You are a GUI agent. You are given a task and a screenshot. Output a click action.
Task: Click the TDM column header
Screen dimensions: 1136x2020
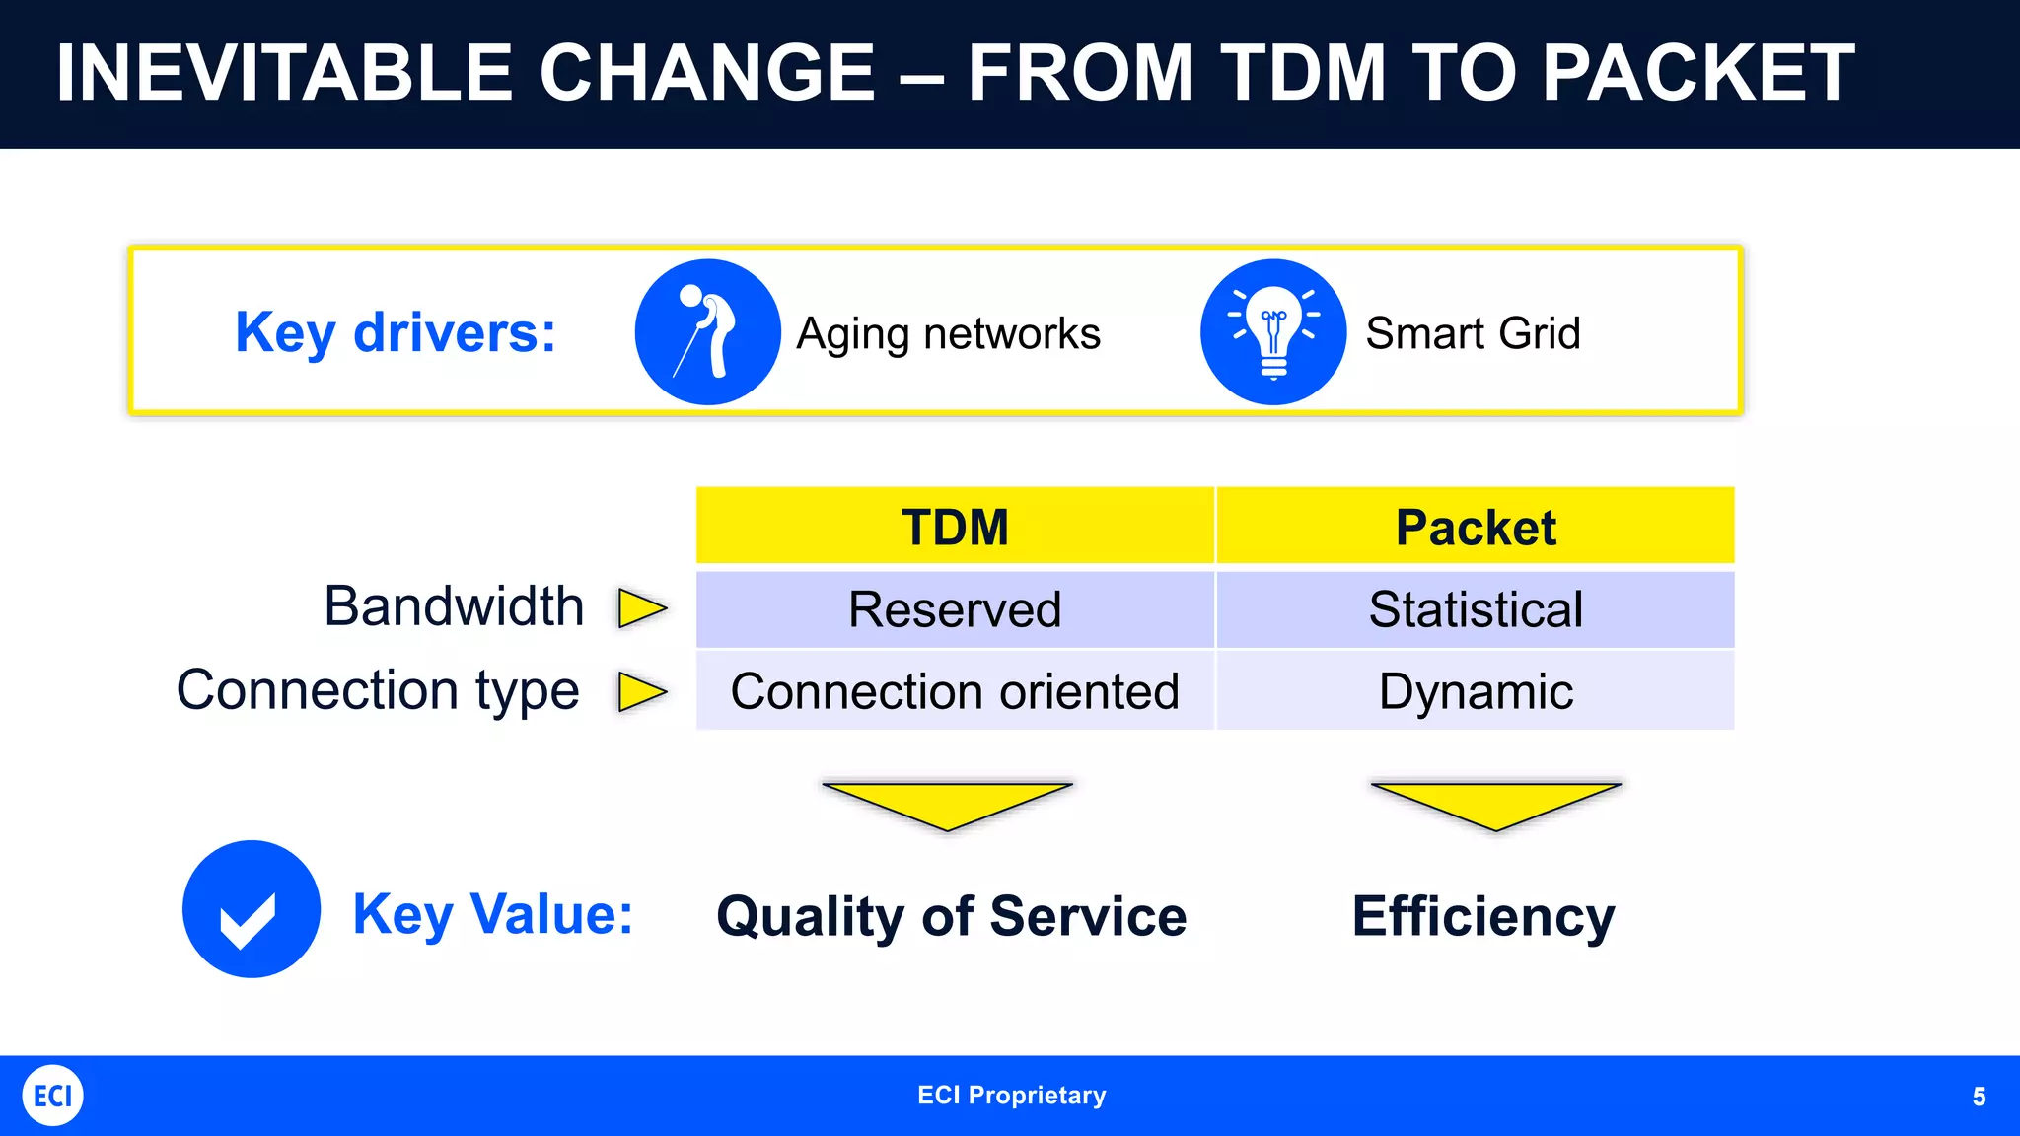coord(955,527)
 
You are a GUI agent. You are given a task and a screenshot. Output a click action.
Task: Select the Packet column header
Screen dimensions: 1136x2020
coord(1476,527)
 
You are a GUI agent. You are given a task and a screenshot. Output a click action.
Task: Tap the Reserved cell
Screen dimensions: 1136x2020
coord(955,609)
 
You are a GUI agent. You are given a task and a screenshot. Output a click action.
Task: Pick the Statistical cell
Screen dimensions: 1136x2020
coord(1476,609)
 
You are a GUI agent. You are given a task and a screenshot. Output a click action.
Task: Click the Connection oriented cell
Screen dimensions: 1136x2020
coord(955,691)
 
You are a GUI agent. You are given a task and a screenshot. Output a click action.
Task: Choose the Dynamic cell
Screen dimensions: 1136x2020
coord(1476,691)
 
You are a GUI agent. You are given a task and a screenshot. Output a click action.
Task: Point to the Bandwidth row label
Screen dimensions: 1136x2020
coord(454,606)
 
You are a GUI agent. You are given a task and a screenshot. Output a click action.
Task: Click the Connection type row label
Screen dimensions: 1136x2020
coord(378,690)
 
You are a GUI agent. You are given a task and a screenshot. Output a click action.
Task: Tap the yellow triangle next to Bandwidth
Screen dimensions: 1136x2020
coord(640,608)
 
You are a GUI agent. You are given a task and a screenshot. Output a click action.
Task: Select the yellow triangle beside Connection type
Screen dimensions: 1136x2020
coord(640,691)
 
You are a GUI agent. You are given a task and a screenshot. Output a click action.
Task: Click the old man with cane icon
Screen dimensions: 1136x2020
coord(707,332)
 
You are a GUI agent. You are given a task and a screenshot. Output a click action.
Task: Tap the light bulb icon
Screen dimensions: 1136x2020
coord(1273,332)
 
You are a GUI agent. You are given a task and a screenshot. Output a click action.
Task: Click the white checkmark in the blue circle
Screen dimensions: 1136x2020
coord(249,918)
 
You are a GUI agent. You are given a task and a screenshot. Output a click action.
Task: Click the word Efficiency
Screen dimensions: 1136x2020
coord(1483,917)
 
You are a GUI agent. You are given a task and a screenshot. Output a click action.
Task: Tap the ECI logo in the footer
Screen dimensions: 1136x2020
coord(53,1096)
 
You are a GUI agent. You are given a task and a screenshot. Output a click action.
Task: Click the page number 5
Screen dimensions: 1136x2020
coord(1979,1097)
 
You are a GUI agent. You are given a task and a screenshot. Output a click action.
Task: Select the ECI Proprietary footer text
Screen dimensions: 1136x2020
coord(1011,1096)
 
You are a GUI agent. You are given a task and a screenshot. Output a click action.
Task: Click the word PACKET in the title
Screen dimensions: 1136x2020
coord(1697,73)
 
